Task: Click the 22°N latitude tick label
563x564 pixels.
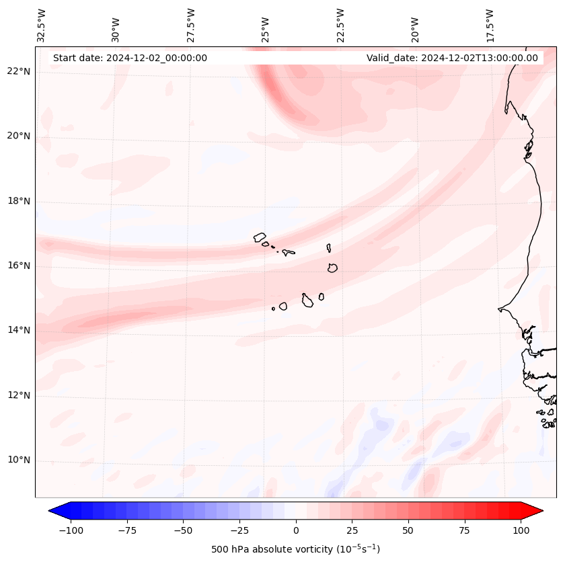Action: coord(19,71)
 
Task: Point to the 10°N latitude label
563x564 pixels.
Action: coord(19,460)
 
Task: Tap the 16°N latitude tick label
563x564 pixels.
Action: coord(19,266)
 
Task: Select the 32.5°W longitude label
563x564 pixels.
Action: coord(42,25)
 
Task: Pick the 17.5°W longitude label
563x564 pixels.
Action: coord(490,25)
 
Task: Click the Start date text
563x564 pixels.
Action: coord(130,58)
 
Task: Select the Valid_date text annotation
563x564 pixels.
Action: coord(452,58)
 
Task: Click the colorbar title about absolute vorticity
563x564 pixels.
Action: coord(295,549)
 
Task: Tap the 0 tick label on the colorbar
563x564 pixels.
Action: coord(295,530)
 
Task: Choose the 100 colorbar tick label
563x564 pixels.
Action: coord(520,530)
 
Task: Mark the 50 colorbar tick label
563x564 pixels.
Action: coord(408,530)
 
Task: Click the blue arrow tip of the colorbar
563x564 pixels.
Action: coord(53,511)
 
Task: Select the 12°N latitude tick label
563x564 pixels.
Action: coord(19,395)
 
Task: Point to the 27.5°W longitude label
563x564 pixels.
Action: coord(191,25)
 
